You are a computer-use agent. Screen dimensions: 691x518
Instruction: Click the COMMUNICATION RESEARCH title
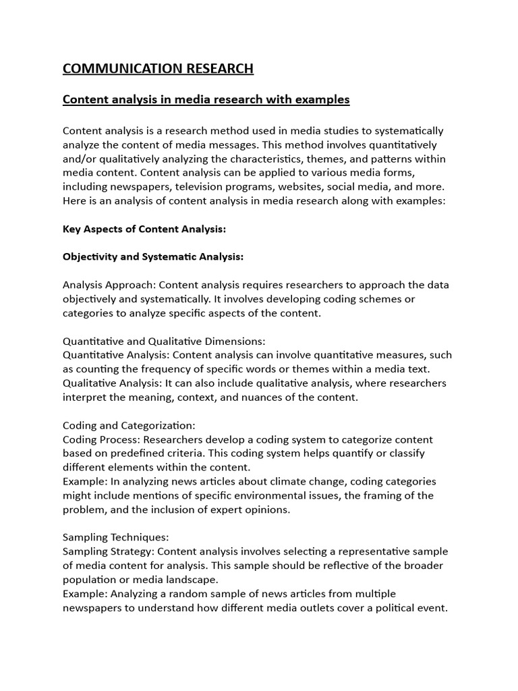click(158, 68)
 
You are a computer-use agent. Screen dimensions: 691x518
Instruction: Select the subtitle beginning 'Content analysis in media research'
click(206, 100)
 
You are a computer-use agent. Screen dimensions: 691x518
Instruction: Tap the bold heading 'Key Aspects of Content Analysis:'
click(144, 229)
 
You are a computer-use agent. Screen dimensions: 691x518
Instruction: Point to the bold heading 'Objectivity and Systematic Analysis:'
click(153, 257)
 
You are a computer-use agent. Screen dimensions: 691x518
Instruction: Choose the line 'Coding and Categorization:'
click(129, 425)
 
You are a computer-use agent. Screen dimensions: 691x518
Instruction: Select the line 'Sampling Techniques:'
click(115, 537)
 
